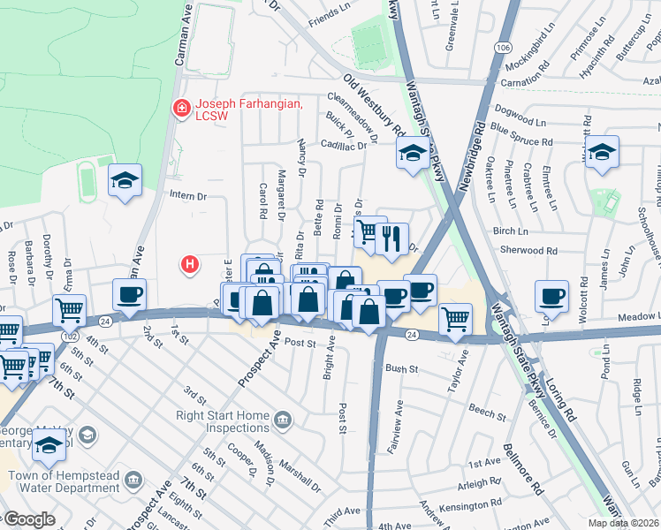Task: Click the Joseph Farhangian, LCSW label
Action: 247,110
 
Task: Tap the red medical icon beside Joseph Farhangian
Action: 181,107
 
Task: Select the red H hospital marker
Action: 188,263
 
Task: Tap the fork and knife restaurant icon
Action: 391,238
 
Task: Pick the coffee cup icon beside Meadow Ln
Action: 552,294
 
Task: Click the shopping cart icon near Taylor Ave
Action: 455,318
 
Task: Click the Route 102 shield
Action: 69,337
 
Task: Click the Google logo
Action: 28,519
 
